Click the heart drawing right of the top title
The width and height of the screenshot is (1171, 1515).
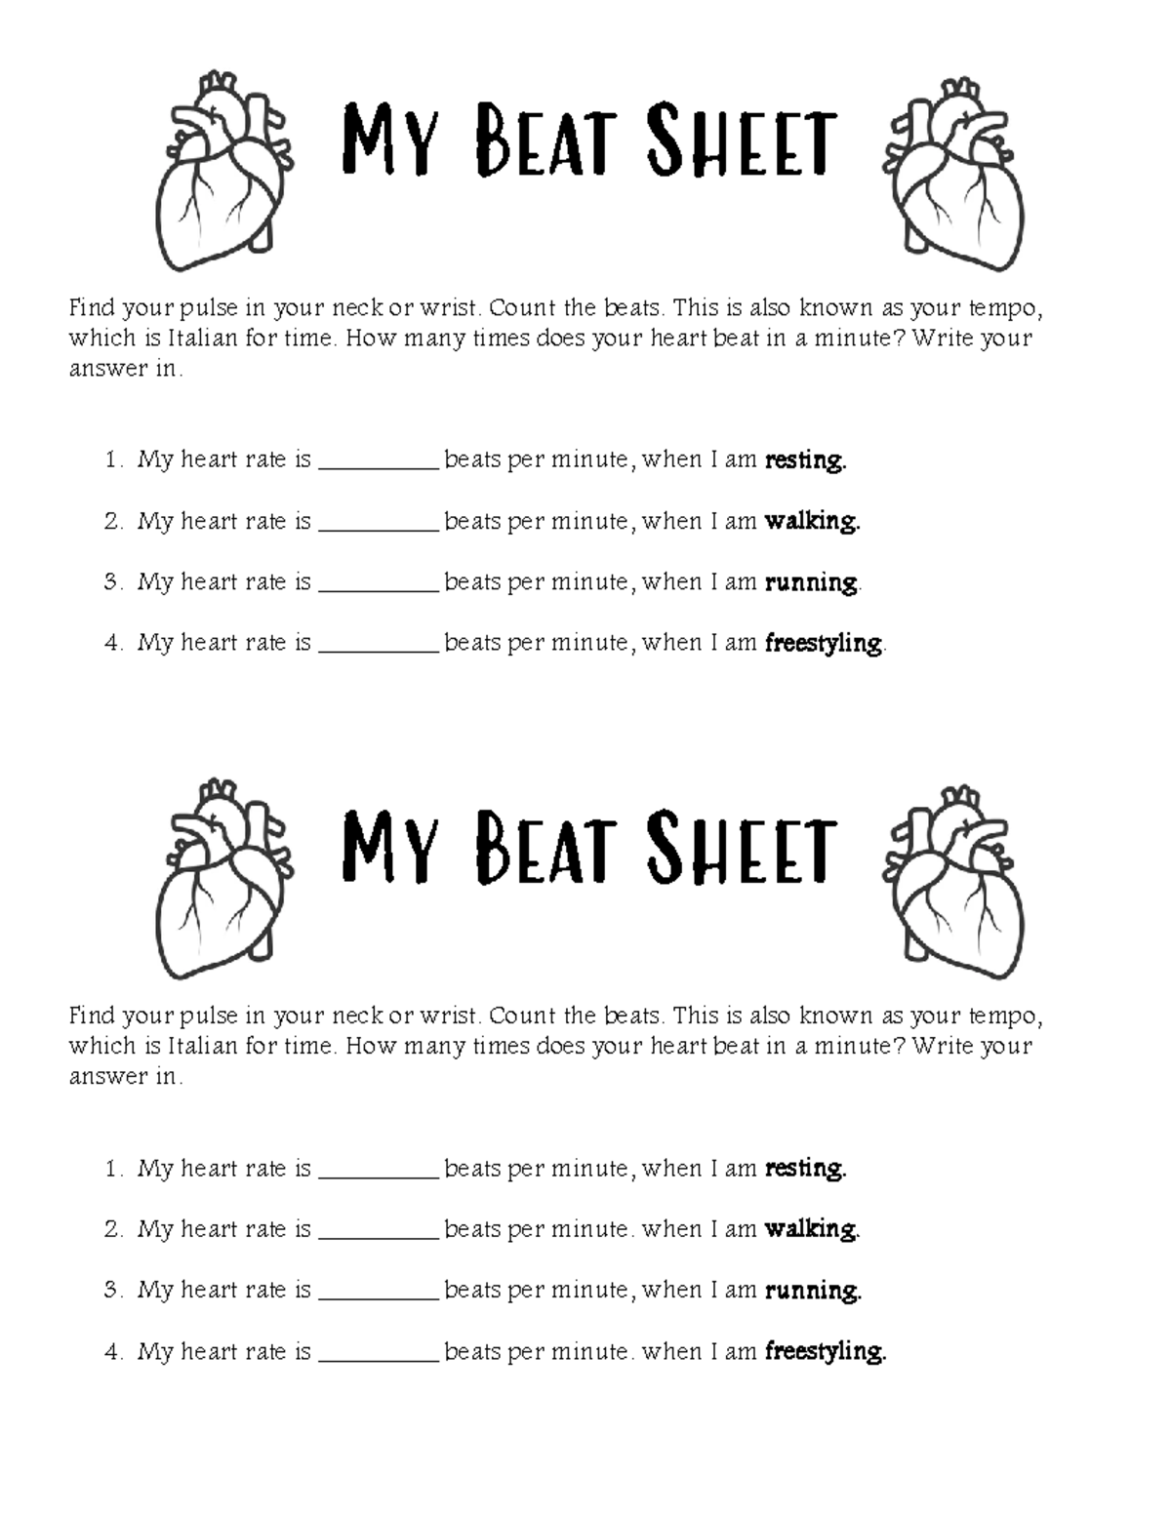952,174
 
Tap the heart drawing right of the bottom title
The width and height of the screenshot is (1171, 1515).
952,882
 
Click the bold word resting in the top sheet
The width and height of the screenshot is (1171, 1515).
805,460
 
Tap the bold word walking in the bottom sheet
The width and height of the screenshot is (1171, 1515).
812,1229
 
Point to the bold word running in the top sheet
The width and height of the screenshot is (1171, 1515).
812,583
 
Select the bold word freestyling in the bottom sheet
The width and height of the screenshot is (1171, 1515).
826,1352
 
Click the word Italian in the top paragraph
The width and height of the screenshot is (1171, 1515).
203,339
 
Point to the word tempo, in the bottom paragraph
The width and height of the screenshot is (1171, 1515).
1005,1017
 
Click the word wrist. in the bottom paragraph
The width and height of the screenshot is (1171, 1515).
450,1017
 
